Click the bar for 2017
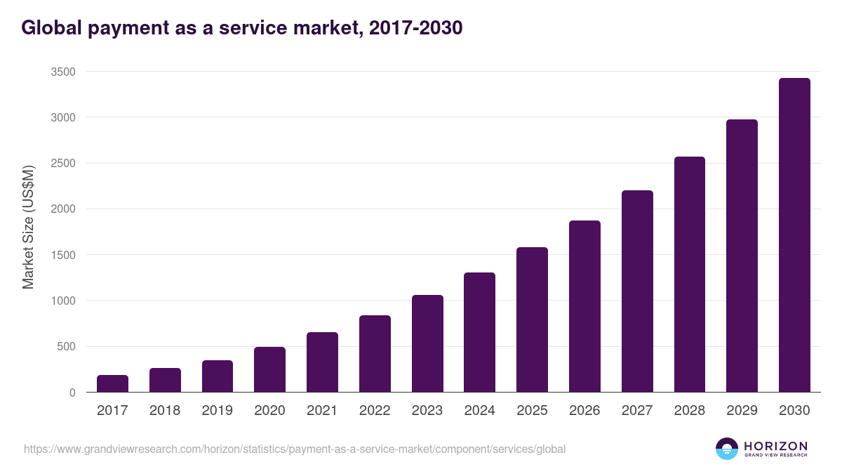(x=112, y=383)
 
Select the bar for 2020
(x=269, y=369)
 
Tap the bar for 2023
(x=427, y=343)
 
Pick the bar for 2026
(x=584, y=306)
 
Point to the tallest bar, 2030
(x=794, y=235)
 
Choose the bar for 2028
(x=689, y=275)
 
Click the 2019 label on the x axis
(x=217, y=411)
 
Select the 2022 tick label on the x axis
(x=375, y=411)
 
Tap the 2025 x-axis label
(x=532, y=411)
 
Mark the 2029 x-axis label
(x=742, y=411)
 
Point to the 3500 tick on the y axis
(x=63, y=72)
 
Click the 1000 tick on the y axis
(x=63, y=301)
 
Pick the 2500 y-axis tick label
(x=63, y=164)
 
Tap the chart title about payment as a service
(x=242, y=28)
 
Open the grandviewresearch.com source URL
(x=295, y=449)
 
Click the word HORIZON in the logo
(x=775, y=445)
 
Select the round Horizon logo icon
(x=727, y=449)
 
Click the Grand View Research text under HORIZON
(x=775, y=455)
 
